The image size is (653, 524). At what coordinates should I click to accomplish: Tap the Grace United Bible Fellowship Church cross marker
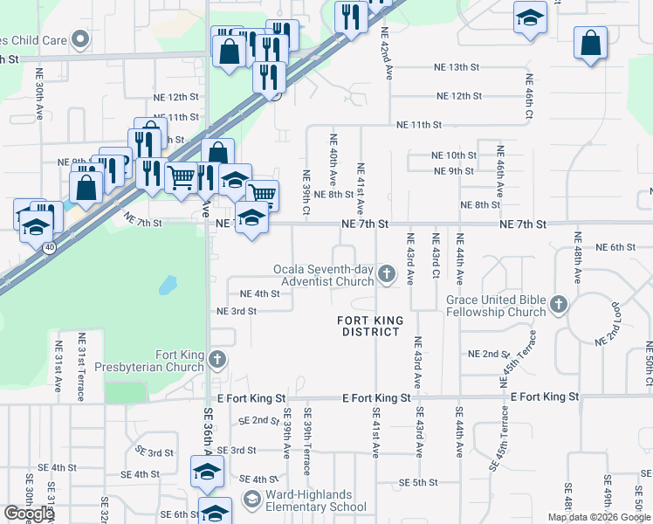click(559, 306)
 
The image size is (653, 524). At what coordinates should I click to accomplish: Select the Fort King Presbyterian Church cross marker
click(217, 359)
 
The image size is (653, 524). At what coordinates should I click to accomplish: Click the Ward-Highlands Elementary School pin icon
click(252, 500)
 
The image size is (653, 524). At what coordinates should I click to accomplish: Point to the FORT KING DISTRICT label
click(371, 326)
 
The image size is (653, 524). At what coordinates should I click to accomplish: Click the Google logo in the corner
click(29, 513)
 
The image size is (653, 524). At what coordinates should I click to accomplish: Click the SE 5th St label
click(418, 482)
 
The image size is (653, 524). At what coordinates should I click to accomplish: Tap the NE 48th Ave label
click(577, 258)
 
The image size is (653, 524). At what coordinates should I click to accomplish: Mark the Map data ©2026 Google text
click(599, 517)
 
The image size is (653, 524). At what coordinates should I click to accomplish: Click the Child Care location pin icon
click(80, 38)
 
